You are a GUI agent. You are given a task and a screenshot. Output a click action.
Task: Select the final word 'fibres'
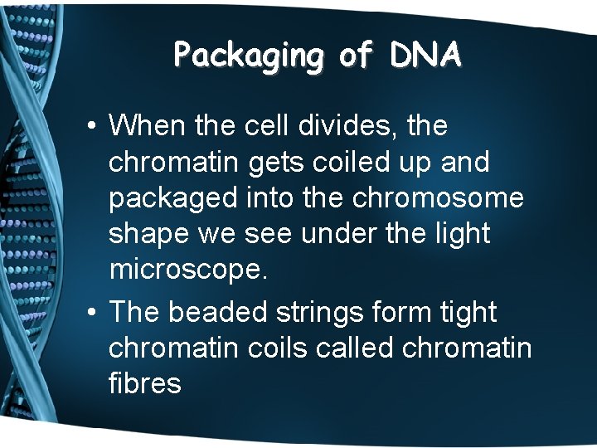click(144, 385)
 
